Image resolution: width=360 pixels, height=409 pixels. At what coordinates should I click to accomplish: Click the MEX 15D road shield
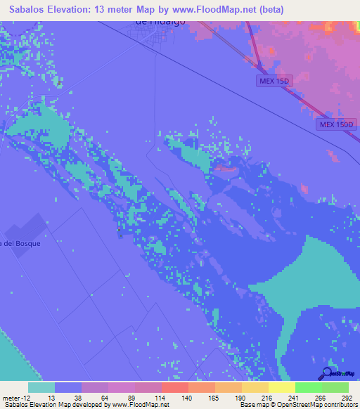click(272, 82)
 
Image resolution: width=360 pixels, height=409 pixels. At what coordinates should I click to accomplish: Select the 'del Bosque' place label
click(22, 243)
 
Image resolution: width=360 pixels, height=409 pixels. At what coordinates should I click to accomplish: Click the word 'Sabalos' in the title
click(31, 9)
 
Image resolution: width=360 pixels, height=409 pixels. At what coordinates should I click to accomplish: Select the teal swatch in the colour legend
click(41, 387)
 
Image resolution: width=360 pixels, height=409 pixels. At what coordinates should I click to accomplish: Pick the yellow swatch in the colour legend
click(281, 387)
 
